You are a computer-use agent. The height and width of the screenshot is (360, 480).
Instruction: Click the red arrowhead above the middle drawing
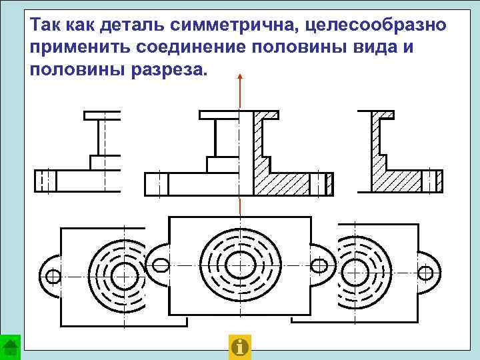click(240, 78)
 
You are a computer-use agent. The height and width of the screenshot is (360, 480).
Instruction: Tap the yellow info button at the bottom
click(239, 347)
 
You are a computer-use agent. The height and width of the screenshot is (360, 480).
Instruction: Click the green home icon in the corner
click(10, 347)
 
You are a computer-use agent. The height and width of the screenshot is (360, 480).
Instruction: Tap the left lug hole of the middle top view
click(161, 265)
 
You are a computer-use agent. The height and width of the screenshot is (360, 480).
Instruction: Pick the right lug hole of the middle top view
click(319, 265)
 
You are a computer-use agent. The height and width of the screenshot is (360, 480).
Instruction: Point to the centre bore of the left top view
click(122, 275)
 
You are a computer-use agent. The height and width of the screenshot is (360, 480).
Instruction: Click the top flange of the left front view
click(102, 115)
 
